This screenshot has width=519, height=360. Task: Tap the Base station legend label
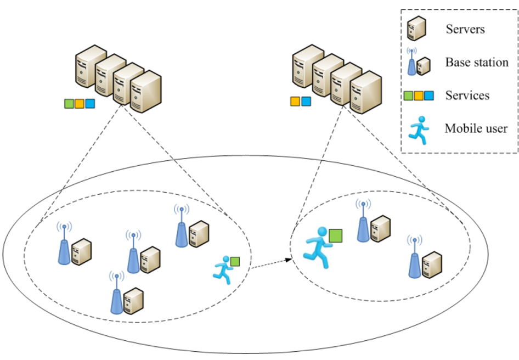tap(477, 62)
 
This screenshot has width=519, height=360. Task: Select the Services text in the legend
tap(467, 95)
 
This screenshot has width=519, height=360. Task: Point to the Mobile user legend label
tap(476, 129)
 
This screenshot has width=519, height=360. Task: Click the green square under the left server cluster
tap(69, 103)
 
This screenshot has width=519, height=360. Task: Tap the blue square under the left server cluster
tap(90, 103)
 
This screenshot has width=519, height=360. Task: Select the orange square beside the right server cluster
tap(295, 101)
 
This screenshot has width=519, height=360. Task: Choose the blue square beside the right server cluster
tap(306, 101)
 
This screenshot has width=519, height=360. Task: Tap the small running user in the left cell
tap(223, 269)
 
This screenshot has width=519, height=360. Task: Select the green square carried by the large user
tap(336, 236)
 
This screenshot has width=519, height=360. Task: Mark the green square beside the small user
tap(235, 262)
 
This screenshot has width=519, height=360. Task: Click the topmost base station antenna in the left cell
tap(181, 228)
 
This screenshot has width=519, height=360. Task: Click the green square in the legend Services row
tap(408, 96)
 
